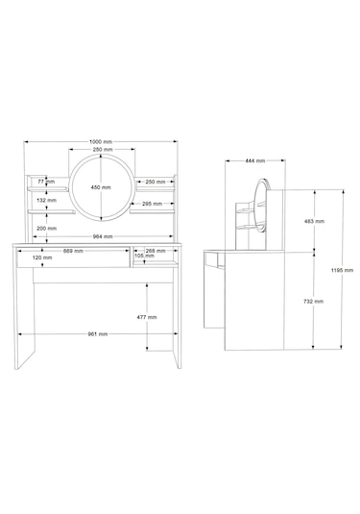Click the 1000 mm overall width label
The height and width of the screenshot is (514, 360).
click(101, 142)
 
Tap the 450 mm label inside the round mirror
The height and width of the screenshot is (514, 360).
click(101, 187)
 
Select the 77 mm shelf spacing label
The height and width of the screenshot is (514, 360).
click(45, 182)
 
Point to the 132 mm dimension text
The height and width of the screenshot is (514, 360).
click(46, 200)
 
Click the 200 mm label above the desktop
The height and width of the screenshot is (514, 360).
click(46, 229)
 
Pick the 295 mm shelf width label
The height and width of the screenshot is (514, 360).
click(152, 204)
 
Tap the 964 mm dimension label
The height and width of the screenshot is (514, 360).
click(103, 236)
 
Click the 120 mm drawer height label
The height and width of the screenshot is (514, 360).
click(42, 257)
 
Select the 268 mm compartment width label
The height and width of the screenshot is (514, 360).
click(156, 251)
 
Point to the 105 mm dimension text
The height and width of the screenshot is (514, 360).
click(144, 256)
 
